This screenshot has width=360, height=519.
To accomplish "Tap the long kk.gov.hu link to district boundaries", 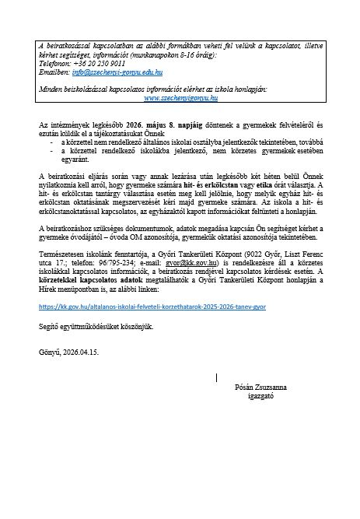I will click(152, 307).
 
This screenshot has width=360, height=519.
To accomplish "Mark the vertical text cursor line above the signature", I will click(215, 377).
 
